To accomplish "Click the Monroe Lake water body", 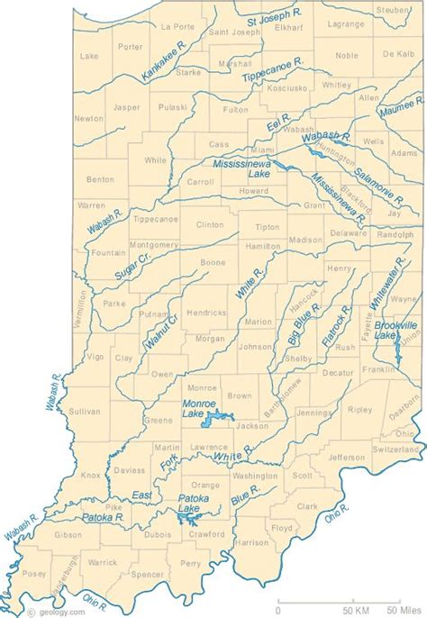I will coord(216,417).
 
